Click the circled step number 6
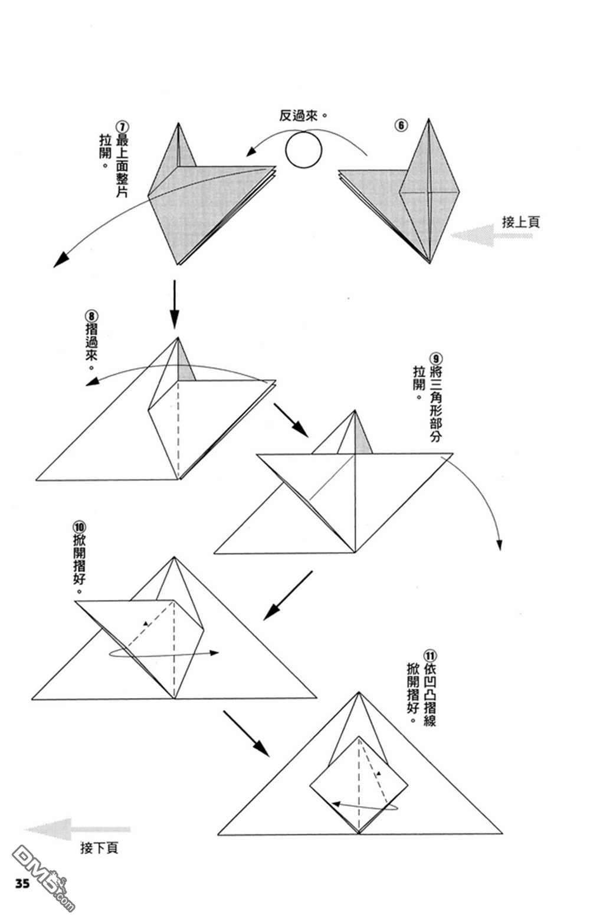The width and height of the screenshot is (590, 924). click(401, 126)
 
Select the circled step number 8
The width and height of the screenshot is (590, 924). click(91, 317)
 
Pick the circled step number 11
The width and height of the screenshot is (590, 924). click(430, 656)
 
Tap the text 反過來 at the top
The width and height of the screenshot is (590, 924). click(299, 116)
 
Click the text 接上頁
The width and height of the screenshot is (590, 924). click(520, 222)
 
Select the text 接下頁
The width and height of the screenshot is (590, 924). click(99, 848)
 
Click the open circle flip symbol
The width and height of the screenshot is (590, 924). click(303, 149)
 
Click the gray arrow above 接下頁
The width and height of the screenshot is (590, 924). click(78, 829)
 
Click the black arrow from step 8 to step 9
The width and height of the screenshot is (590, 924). click(291, 419)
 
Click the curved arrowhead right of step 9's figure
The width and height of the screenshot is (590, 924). click(499, 545)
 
